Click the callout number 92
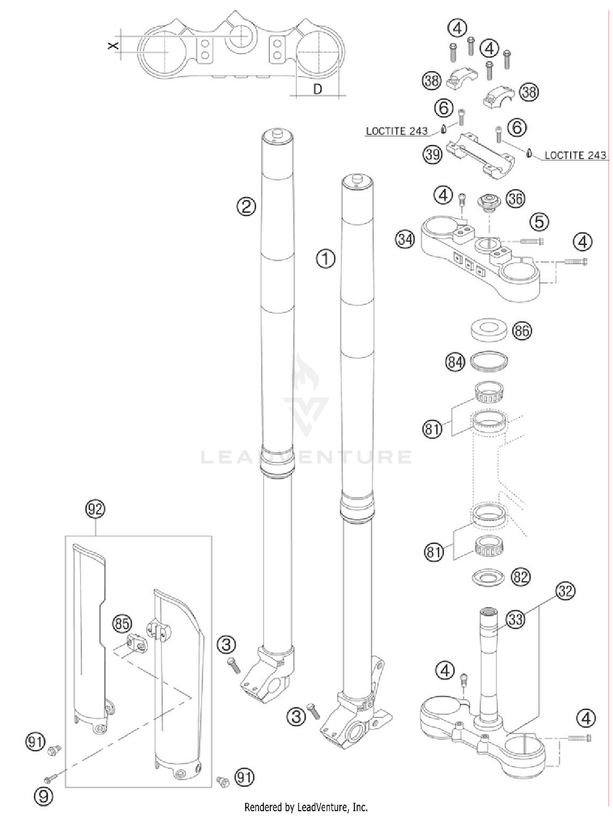95,509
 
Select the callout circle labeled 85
122,624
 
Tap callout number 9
43,796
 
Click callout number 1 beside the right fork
326,259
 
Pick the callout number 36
515,199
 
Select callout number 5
539,222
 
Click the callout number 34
405,239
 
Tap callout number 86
522,330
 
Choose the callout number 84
455,362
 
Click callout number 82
520,577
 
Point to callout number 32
565,591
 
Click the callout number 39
432,155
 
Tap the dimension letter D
318,89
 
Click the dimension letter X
113,45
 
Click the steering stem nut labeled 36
489,202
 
